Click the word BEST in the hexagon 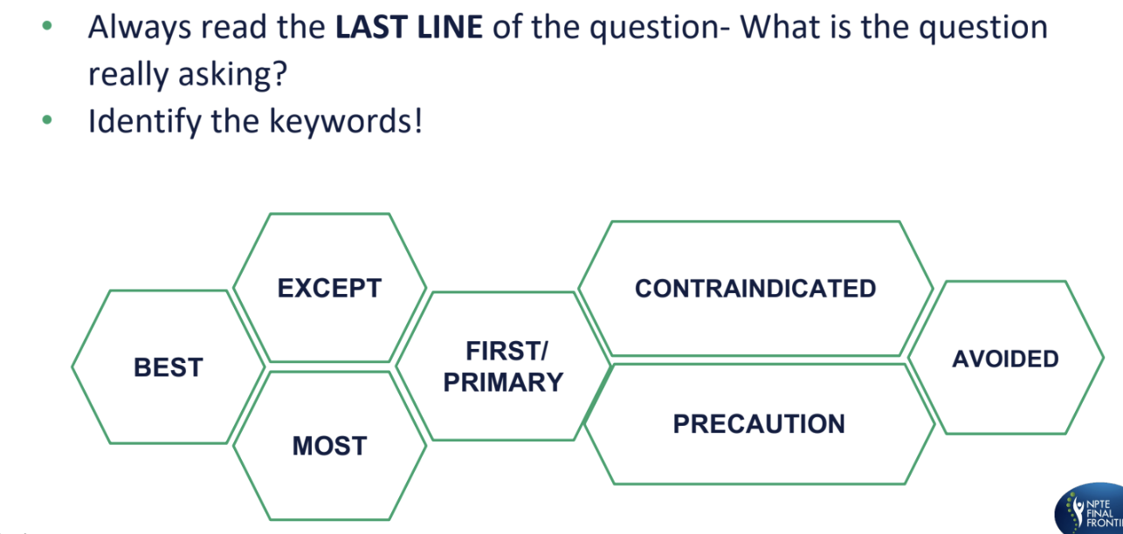click(168, 367)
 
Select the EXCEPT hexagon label click(329, 288)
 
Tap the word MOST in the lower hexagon click(329, 446)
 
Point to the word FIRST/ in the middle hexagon click(506, 351)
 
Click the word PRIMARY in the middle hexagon click(504, 382)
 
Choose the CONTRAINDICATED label click(755, 288)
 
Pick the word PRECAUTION click(759, 424)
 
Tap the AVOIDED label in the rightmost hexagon click(1005, 359)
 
